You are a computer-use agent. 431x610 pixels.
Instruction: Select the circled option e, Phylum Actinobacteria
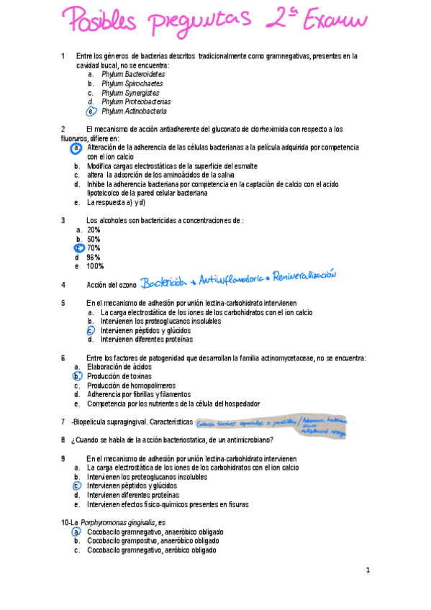[x=134, y=111]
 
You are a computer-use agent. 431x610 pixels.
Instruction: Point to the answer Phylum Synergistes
[x=130, y=93]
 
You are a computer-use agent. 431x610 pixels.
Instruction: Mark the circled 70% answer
[x=93, y=248]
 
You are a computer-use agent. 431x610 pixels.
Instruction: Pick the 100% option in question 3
[x=94, y=266]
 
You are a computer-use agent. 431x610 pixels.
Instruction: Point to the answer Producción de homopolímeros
[x=130, y=386]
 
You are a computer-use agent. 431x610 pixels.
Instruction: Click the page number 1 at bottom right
[x=368, y=570]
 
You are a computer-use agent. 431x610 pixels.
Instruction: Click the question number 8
[x=63, y=440]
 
